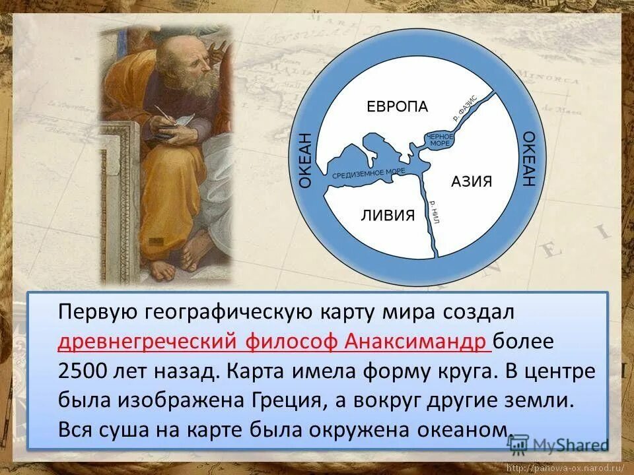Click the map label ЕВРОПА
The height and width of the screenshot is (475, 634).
pyautogui.click(x=398, y=107)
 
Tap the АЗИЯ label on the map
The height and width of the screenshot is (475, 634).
pyautogui.click(x=472, y=181)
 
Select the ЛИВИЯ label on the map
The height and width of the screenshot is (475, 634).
pyautogui.click(x=388, y=214)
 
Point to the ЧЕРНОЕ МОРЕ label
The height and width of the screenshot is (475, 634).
pyautogui.click(x=441, y=139)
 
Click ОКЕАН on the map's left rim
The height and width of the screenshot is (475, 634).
pyautogui.click(x=304, y=161)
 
